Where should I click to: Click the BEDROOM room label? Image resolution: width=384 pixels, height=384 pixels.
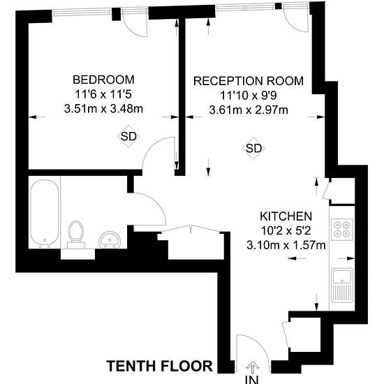103,80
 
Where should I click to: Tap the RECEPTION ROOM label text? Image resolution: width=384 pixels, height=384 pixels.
249,81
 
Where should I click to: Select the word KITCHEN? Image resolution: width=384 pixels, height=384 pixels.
286,216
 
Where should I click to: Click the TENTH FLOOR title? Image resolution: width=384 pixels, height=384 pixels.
160,366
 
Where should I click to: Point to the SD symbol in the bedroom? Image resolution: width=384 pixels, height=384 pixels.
128,136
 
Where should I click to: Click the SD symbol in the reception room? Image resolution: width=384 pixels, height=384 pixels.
253,148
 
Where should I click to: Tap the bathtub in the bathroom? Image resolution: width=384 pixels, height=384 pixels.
44,212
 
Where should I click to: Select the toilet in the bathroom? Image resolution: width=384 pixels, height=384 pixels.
76,235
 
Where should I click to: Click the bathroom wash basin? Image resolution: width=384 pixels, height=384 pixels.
110,239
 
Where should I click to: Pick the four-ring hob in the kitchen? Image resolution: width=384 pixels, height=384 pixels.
342,229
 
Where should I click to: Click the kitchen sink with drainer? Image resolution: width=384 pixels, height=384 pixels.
342,286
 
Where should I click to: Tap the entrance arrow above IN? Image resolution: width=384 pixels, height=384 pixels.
253,368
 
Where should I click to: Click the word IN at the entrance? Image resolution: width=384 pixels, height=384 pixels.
252,379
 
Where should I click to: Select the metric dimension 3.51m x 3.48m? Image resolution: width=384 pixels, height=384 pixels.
103,109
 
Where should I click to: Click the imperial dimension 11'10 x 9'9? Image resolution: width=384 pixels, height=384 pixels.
249,95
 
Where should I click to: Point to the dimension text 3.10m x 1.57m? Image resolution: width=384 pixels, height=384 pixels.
286,245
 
